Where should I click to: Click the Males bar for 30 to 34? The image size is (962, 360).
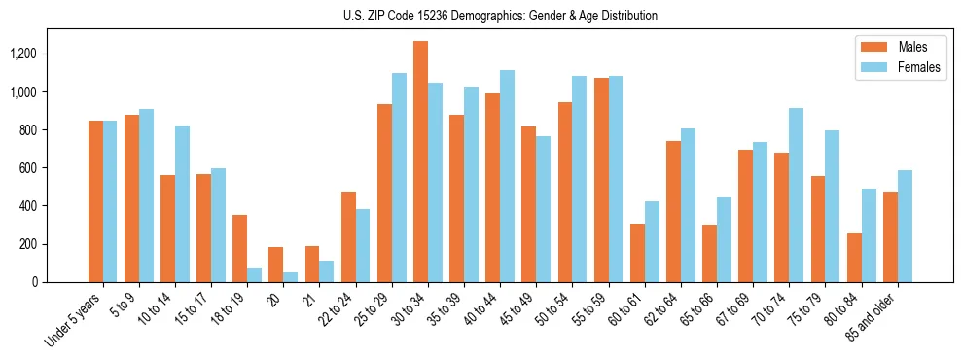coord(420,162)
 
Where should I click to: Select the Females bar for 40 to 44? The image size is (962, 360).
coord(507,176)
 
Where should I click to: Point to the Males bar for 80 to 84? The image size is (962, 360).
coord(854,257)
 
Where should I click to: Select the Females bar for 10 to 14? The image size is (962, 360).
coord(183,203)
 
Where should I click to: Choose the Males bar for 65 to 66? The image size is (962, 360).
coord(709,253)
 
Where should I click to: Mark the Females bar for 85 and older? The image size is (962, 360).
coord(904,226)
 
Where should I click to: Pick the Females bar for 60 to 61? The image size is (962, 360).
coord(652,241)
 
